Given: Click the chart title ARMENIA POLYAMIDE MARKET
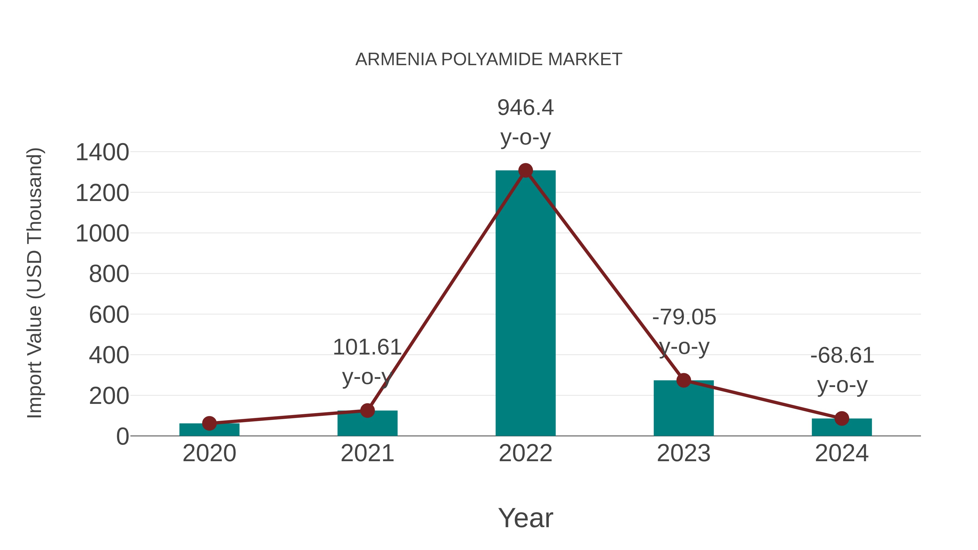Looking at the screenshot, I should [489, 59].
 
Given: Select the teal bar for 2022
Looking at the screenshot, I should [525, 304].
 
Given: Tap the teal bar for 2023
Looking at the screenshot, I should [684, 410].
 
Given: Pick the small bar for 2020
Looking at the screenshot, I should [209, 430].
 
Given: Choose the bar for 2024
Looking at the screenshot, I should [842, 428].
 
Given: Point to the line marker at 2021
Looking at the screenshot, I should [367, 410].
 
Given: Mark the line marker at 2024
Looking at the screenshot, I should [842, 419].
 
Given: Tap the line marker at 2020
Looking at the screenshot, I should [209, 423].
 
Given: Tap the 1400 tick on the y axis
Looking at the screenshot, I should [102, 153].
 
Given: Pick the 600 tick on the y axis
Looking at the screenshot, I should [109, 315].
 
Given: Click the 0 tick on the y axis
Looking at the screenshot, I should [123, 436].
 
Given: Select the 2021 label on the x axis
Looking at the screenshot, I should [367, 453].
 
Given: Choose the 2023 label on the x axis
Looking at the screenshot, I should [684, 453].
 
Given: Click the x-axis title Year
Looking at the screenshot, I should [525, 518].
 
